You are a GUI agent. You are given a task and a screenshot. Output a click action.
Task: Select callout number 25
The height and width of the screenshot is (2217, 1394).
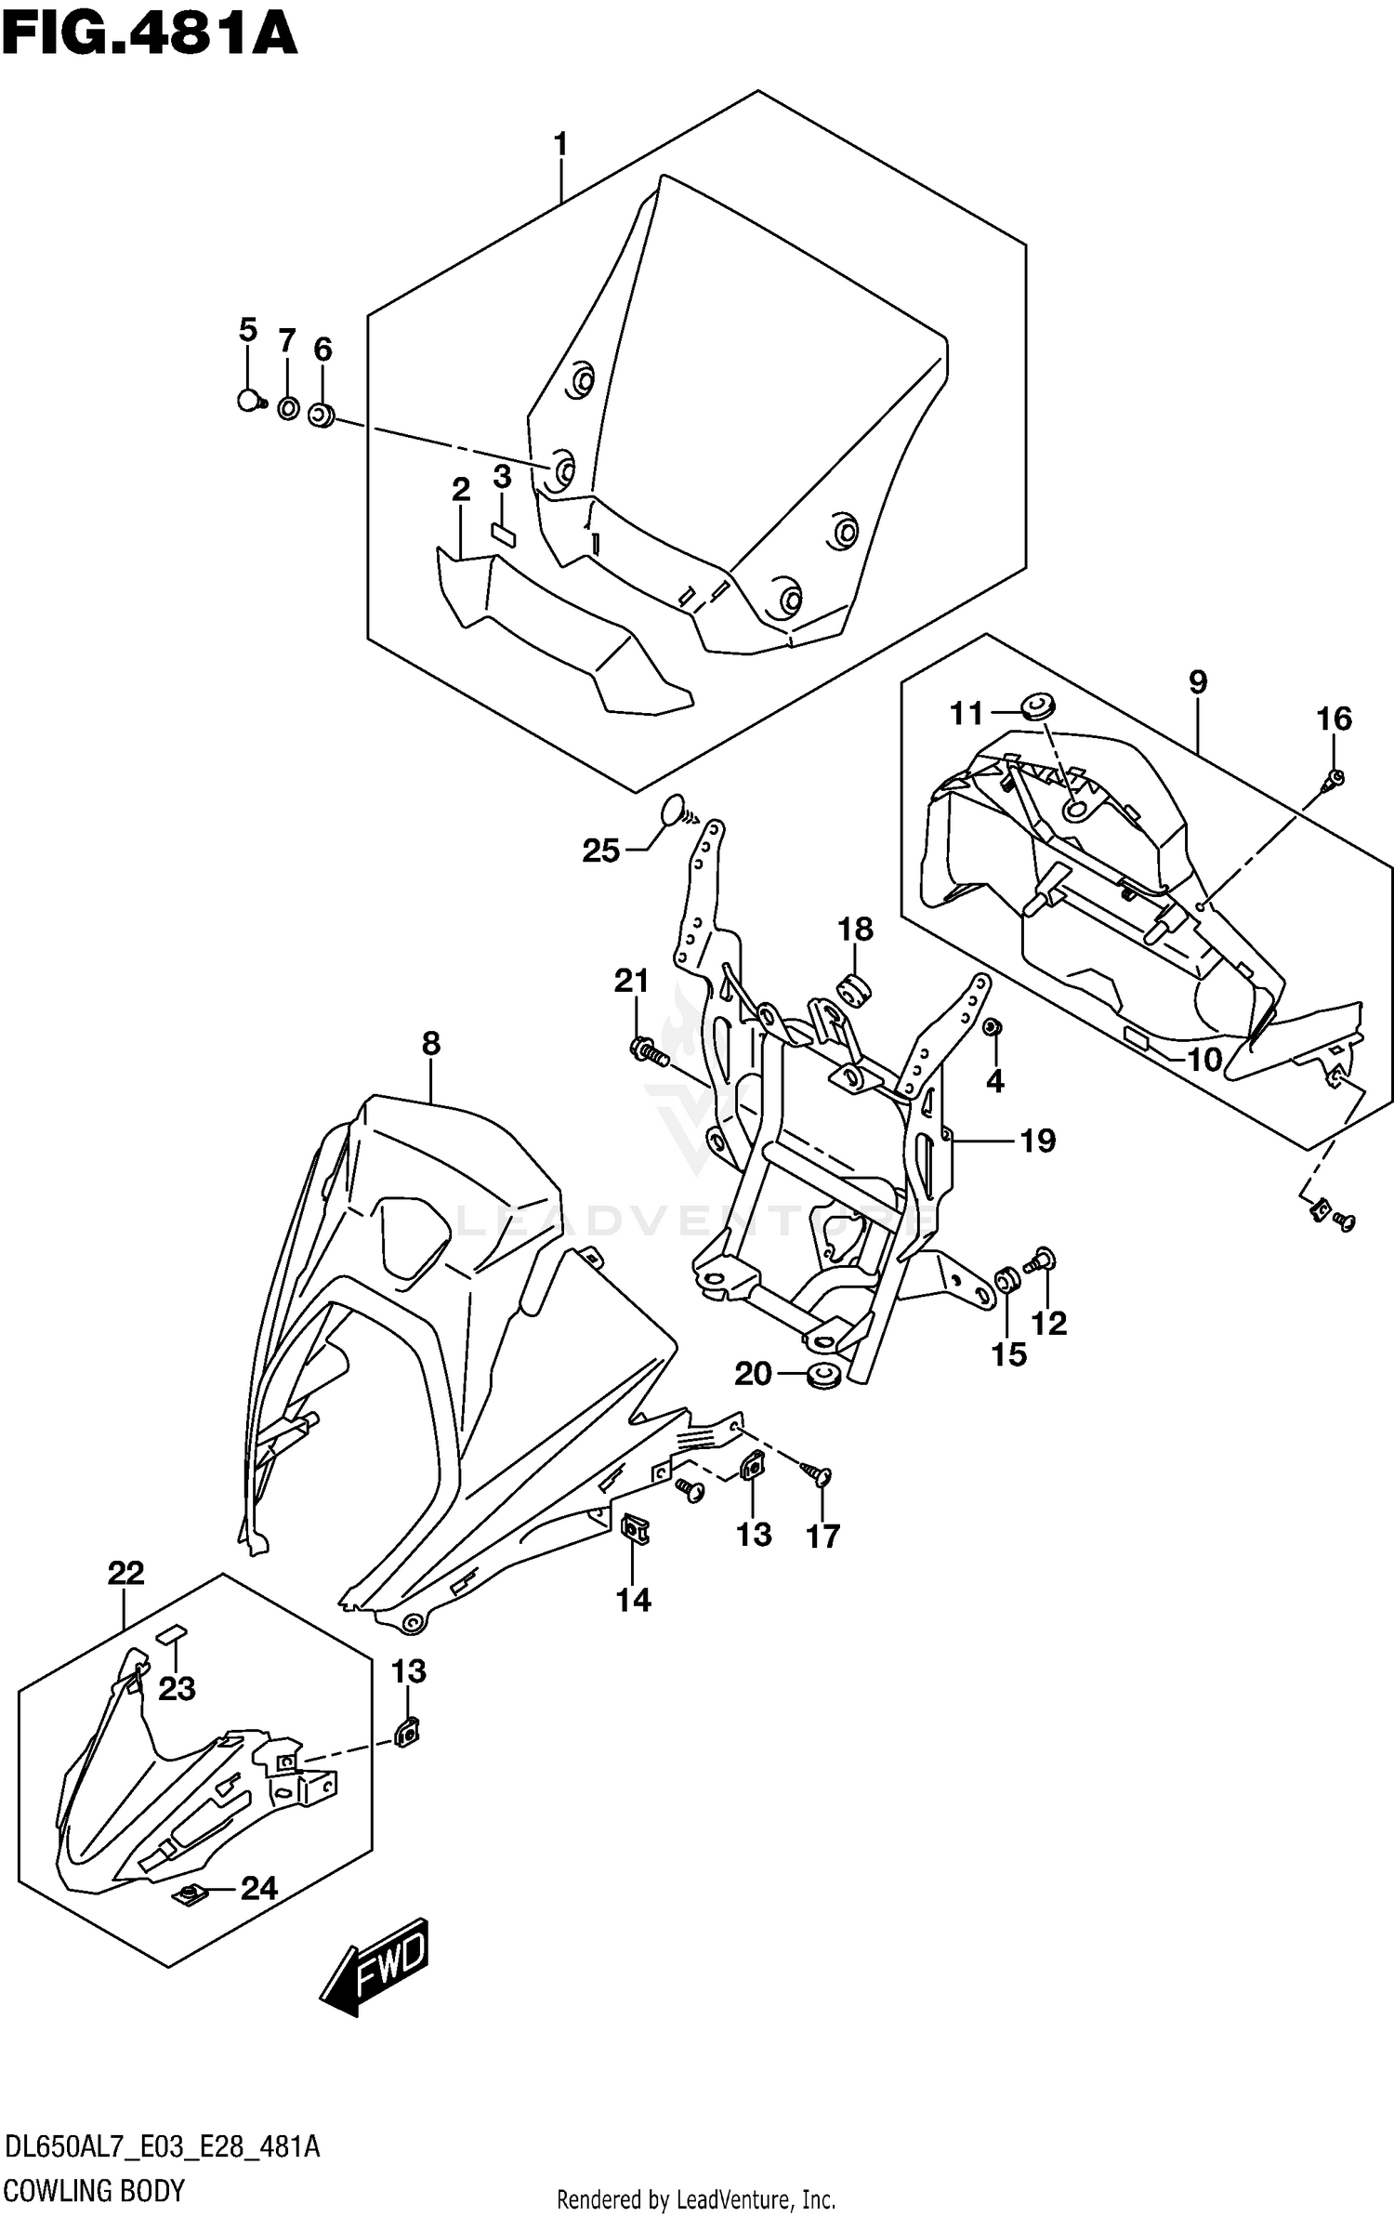[x=600, y=851]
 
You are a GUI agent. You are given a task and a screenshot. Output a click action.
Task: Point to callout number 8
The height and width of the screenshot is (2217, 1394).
[x=430, y=1044]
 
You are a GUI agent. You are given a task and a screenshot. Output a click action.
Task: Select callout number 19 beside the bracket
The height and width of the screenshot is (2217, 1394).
[x=1038, y=1141]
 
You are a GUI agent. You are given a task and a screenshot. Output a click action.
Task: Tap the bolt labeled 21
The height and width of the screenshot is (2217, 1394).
[x=647, y=1054]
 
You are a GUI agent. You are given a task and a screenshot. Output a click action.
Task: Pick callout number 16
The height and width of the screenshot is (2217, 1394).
[x=1334, y=719]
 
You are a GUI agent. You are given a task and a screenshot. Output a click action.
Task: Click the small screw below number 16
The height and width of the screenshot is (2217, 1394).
[x=1335, y=778]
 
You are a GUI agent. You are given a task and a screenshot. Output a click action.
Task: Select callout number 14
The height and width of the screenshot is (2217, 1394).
[x=633, y=1600]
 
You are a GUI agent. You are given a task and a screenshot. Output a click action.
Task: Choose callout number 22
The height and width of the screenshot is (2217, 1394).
[x=126, y=1574]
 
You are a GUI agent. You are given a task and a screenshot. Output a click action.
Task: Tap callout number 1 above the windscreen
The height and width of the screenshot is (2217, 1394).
[x=560, y=145]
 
